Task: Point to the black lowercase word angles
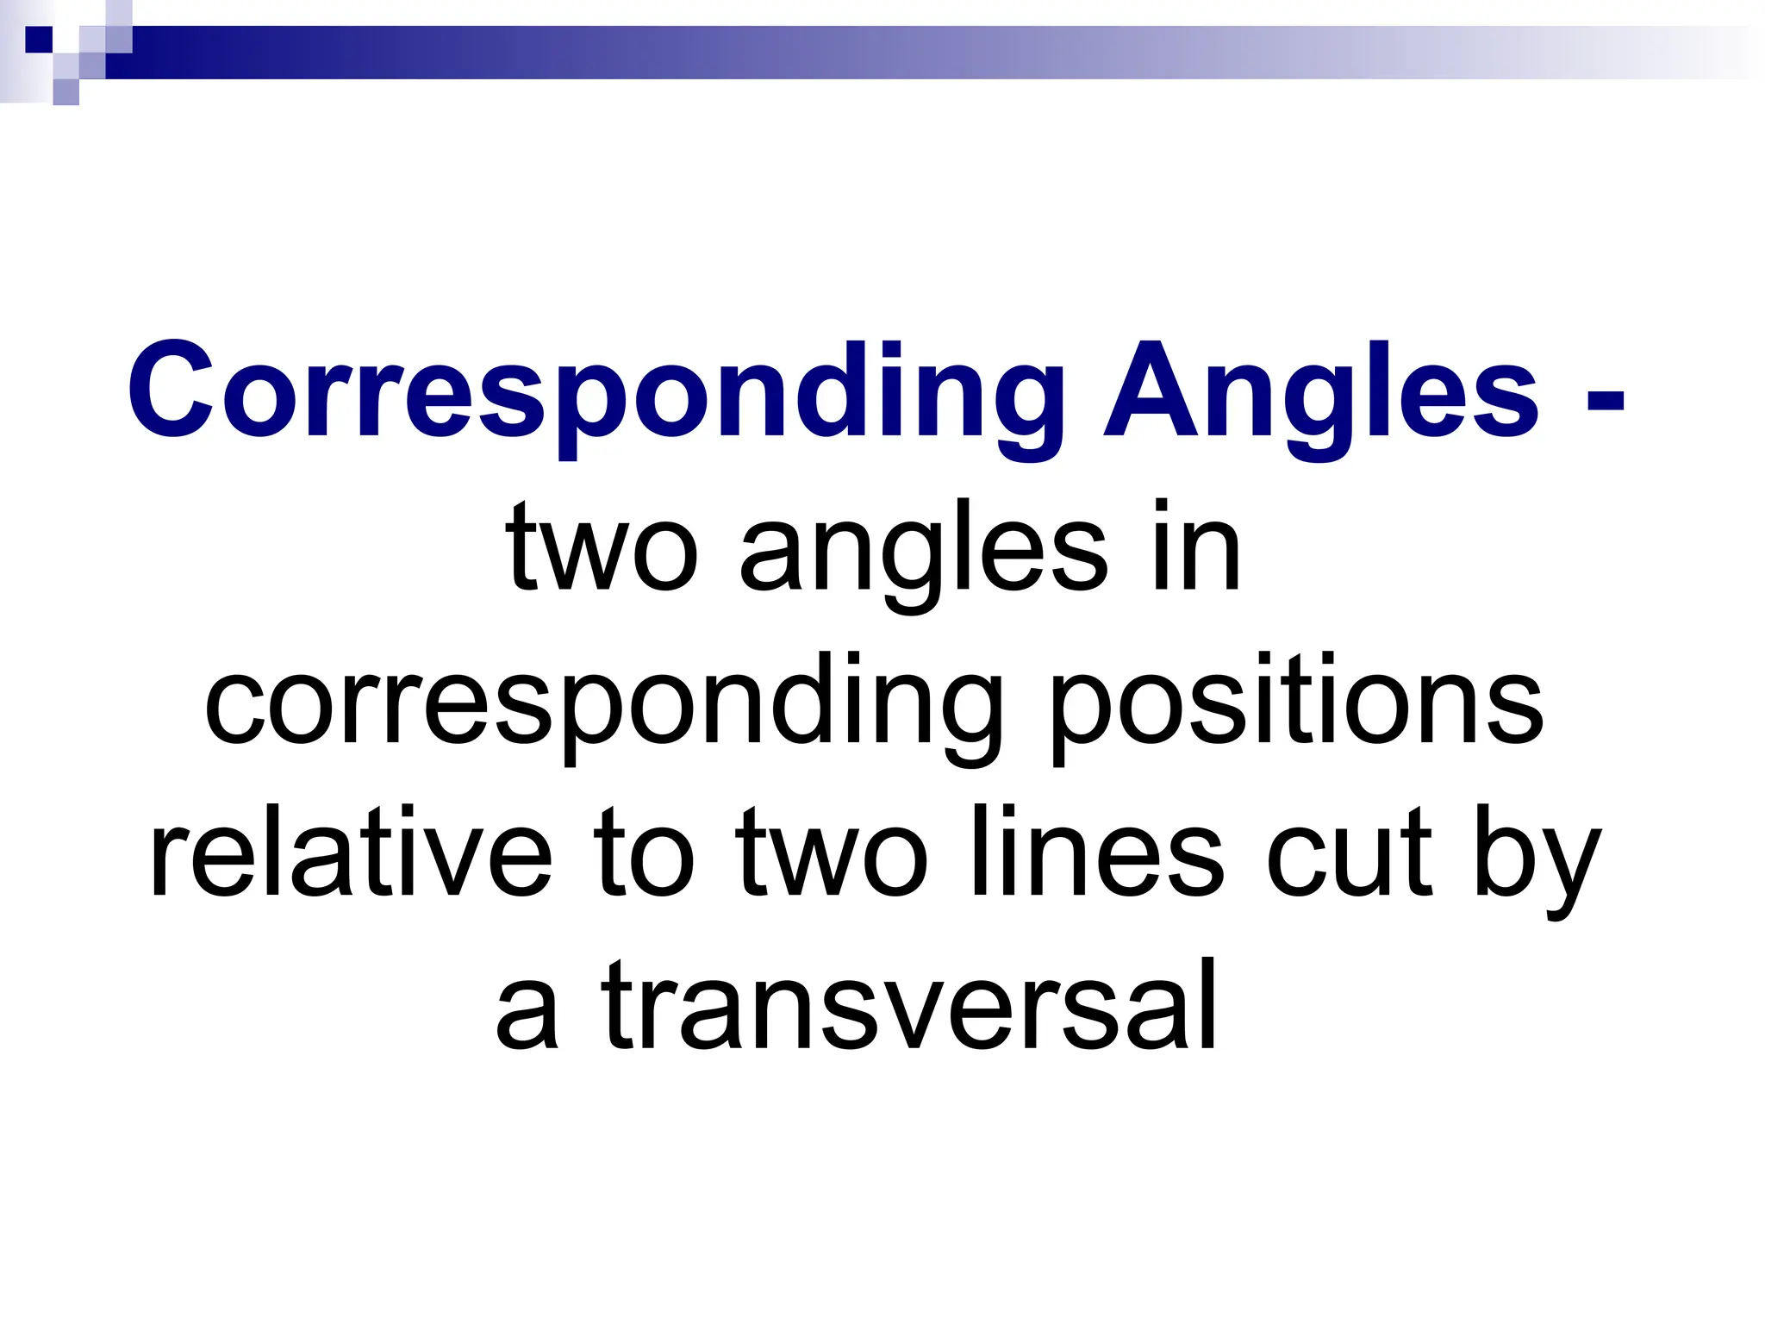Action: (923, 552)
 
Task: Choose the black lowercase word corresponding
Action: (603, 703)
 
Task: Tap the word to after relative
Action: (643, 853)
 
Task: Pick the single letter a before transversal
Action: (527, 1009)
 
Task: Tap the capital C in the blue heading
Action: (171, 392)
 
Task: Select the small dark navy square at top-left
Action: (39, 39)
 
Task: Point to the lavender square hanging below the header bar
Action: (65, 92)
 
